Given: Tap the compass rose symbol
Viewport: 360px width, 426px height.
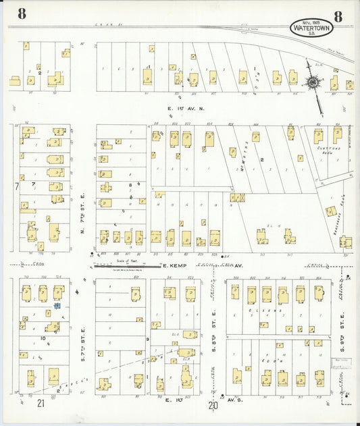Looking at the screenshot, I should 313,83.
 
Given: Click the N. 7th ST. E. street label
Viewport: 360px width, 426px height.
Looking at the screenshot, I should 83,217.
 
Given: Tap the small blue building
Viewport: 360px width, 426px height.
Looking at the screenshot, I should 57,306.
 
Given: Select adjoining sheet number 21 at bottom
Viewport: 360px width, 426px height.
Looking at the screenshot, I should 41,404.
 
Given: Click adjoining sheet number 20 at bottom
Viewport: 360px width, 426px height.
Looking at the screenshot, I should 213,405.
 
